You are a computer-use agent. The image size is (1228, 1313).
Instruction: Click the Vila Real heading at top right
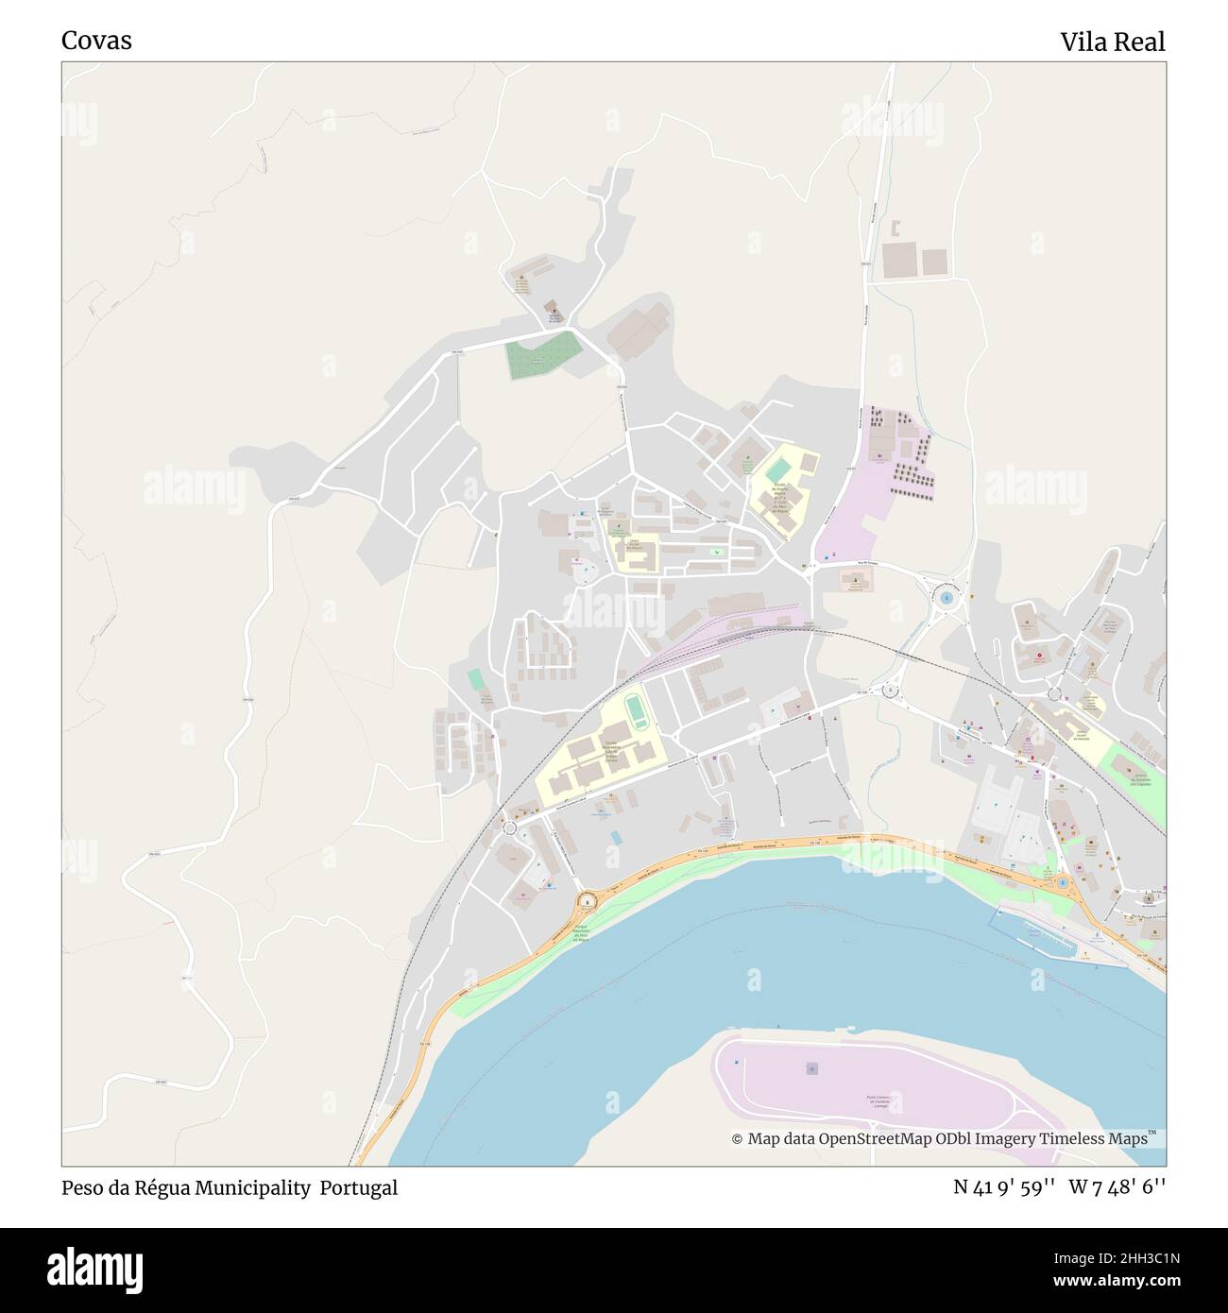tap(1112, 42)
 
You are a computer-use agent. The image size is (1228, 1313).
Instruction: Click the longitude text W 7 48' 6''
tap(1117, 1188)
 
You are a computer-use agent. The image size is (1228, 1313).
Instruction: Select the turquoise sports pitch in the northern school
tap(777, 469)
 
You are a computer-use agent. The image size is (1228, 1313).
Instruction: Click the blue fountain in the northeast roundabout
tap(946, 597)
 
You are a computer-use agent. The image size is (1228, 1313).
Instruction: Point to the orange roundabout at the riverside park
tap(589, 901)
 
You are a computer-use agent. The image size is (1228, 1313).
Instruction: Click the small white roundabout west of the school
tap(510, 827)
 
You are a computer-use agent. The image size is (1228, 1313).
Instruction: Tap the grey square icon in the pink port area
tap(810, 1067)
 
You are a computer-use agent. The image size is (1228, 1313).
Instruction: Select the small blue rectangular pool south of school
tap(616, 838)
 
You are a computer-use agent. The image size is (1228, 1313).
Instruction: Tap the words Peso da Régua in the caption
tap(127, 1188)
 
